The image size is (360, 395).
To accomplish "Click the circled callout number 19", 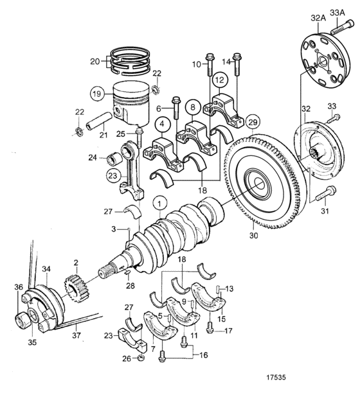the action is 97,94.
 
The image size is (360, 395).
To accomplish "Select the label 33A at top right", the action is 337,13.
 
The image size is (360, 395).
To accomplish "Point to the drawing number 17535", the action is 276,377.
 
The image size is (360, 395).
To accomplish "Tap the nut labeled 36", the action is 22,320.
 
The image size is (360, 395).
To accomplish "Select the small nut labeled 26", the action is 141,358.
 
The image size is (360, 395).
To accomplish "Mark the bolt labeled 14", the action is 237,64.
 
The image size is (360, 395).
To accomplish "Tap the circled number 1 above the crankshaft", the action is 159,204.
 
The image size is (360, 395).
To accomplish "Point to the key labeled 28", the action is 127,272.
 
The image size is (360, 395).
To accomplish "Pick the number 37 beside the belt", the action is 76,335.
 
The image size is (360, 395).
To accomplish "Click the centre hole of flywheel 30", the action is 259,184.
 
